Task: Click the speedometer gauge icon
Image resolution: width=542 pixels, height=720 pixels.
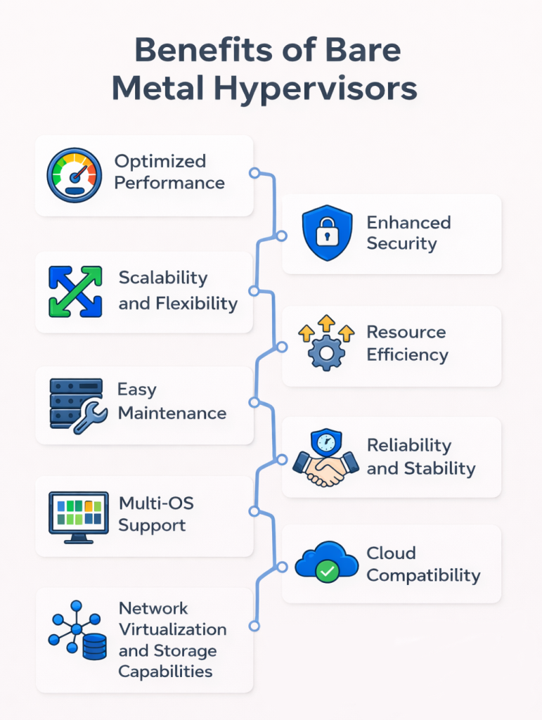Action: click(x=75, y=174)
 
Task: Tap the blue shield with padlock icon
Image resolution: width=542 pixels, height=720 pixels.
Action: click(x=326, y=233)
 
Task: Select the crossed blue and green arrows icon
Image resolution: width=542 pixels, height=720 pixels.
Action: click(x=75, y=290)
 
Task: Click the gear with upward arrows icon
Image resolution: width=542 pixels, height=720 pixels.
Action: click(x=326, y=344)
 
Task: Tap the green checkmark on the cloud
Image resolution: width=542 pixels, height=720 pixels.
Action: click(x=327, y=572)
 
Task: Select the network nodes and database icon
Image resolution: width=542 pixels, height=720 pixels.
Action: click(x=77, y=631)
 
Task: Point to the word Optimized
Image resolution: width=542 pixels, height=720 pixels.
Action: click(x=160, y=161)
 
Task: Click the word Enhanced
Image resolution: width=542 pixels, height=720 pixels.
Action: click(x=408, y=223)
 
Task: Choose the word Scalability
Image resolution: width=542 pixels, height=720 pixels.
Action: click(x=163, y=277)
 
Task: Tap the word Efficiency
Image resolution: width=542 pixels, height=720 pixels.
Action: click(x=407, y=355)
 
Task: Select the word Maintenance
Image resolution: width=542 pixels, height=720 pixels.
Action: click(x=172, y=413)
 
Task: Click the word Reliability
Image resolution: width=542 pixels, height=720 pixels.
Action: click(x=408, y=445)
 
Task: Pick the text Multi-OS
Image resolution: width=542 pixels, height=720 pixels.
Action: click(x=156, y=503)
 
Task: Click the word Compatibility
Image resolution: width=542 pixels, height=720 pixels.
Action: click(x=423, y=576)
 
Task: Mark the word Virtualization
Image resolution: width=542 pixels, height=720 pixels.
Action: click(x=172, y=629)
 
